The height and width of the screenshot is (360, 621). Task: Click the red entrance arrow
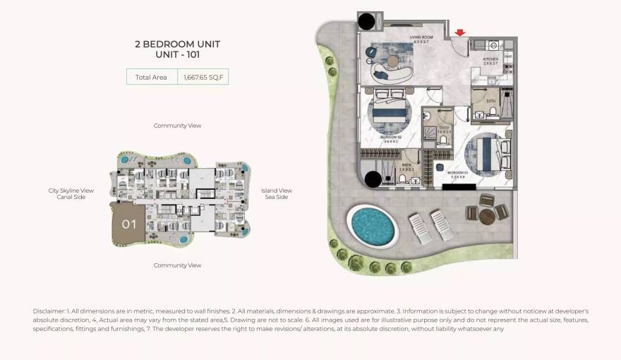[x=460, y=32]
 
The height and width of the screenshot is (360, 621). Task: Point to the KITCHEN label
[x=490, y=59]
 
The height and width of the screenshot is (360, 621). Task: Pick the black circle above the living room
[x=368, y=21]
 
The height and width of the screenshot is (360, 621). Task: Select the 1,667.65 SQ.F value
[x=203, y=77]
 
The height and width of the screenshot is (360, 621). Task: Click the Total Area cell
[x=151, y=77]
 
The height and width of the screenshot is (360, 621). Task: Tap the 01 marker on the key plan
[x=128, y=225]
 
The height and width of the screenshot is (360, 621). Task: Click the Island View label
[x=276, y=191]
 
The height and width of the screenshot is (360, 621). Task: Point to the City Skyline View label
[x=71, y=191]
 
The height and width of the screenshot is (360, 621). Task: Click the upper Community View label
[x=177, y=126]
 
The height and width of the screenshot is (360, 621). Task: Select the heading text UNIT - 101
[x=177, y=54]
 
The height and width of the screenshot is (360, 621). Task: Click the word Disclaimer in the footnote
[x=49, y=311]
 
